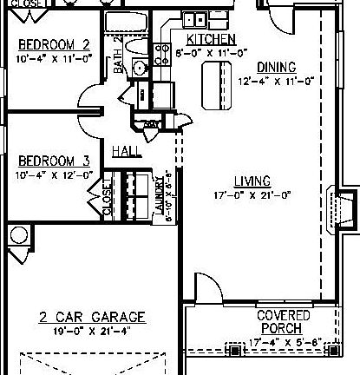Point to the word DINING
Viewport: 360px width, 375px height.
(x=276, y=67)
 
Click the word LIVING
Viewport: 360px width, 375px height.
(x=252, y=181)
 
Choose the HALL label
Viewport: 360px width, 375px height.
(x=127, y=151)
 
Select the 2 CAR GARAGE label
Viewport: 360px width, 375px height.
(x=92, y=317)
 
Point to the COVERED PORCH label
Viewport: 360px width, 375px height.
(x=279, y=323)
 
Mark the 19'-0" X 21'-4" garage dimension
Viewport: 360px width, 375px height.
(x=92, y=331)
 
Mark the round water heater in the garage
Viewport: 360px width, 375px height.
(x=17, y=234)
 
